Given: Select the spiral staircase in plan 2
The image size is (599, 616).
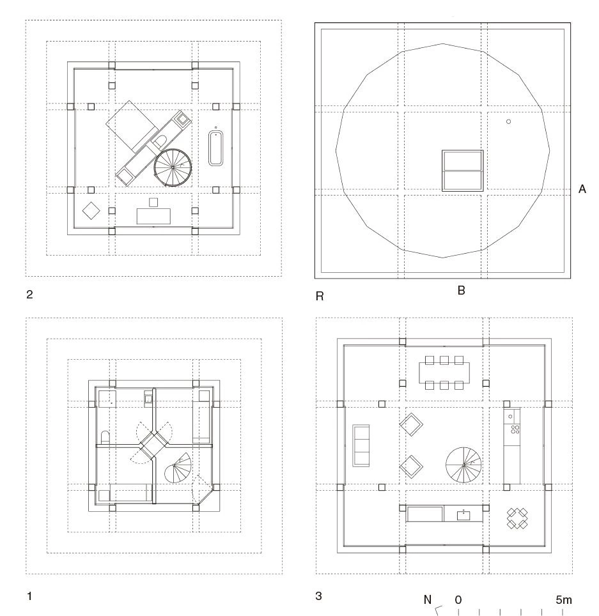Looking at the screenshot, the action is coord(173,167).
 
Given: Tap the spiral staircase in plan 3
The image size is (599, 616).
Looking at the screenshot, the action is coord(463,465).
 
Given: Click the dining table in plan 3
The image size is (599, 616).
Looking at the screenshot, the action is coord(444,373).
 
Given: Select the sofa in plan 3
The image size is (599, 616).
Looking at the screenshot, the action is coord(361,445).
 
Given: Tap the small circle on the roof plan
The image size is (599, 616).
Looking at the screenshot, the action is coord(508,122).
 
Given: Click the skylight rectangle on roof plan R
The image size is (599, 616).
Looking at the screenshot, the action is coord(462,171).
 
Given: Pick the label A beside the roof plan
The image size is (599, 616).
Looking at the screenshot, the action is coord(582,189).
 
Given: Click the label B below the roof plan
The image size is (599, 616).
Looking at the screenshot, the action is coord(462,290).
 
